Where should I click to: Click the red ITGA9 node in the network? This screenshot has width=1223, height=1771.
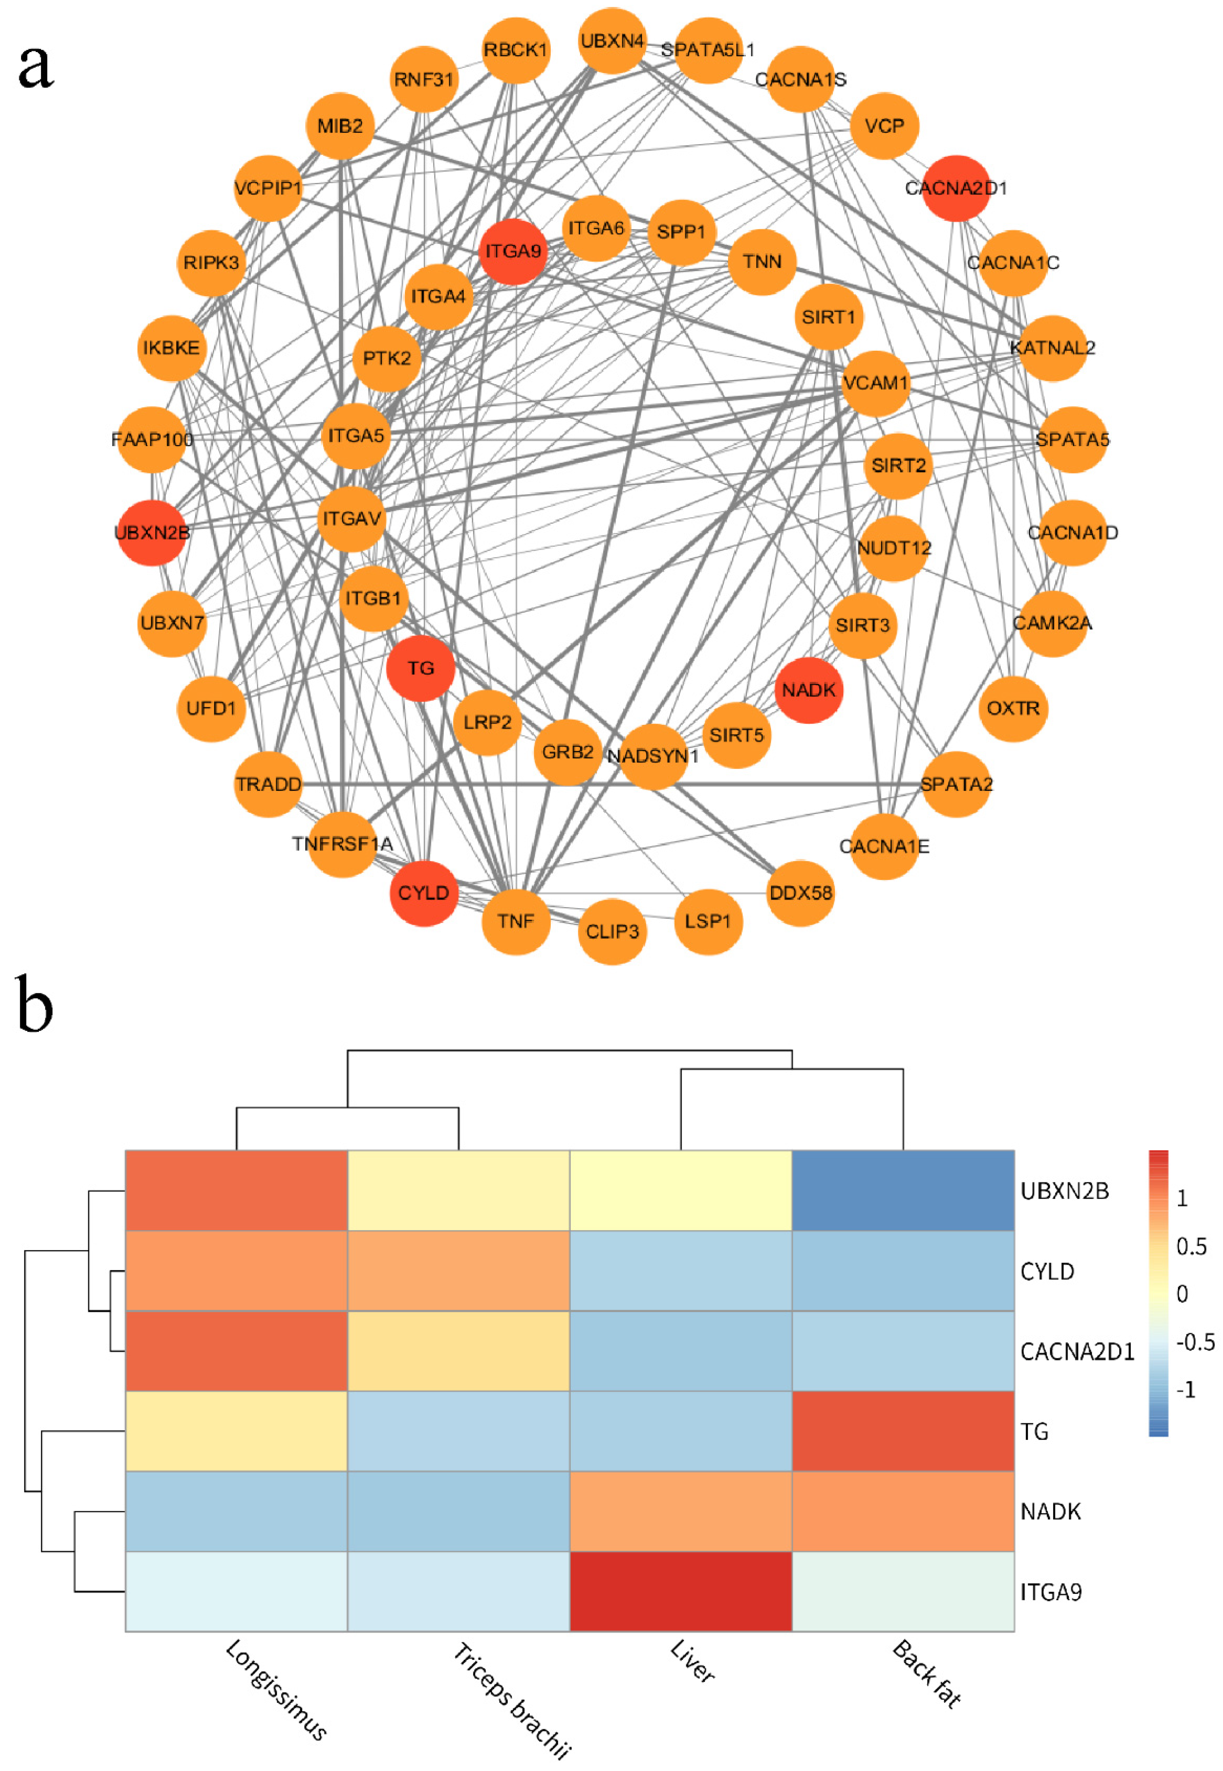coord(513,251)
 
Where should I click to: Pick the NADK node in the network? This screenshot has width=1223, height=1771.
coord(809,690)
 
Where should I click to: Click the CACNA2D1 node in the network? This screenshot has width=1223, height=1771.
coord(957,188)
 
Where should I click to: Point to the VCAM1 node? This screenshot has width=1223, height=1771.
coord(875,383)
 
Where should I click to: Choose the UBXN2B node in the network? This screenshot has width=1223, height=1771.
coord(152,532)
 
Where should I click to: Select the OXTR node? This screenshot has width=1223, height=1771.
coord(1013,709)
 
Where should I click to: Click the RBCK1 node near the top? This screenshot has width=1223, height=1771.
coord(516,50)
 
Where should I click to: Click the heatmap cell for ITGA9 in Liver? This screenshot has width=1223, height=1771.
coord(681,1591)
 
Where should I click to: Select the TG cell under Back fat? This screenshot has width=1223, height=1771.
coord(903,1431)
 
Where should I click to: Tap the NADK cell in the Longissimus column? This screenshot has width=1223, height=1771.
coord(236,1511)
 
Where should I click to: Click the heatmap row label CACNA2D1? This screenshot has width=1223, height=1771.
coord(1077,1351)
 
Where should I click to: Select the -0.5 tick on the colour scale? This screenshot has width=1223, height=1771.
coord(1194,1341)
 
